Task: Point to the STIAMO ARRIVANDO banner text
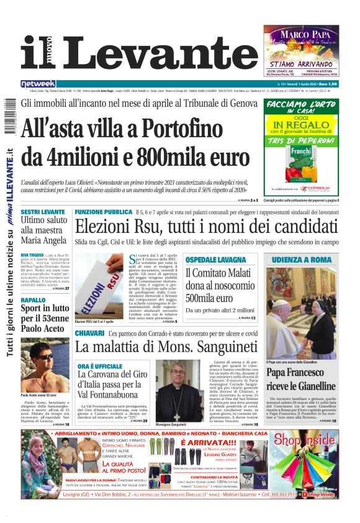[x=301, y=63]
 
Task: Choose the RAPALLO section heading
[x=34, y=300]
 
